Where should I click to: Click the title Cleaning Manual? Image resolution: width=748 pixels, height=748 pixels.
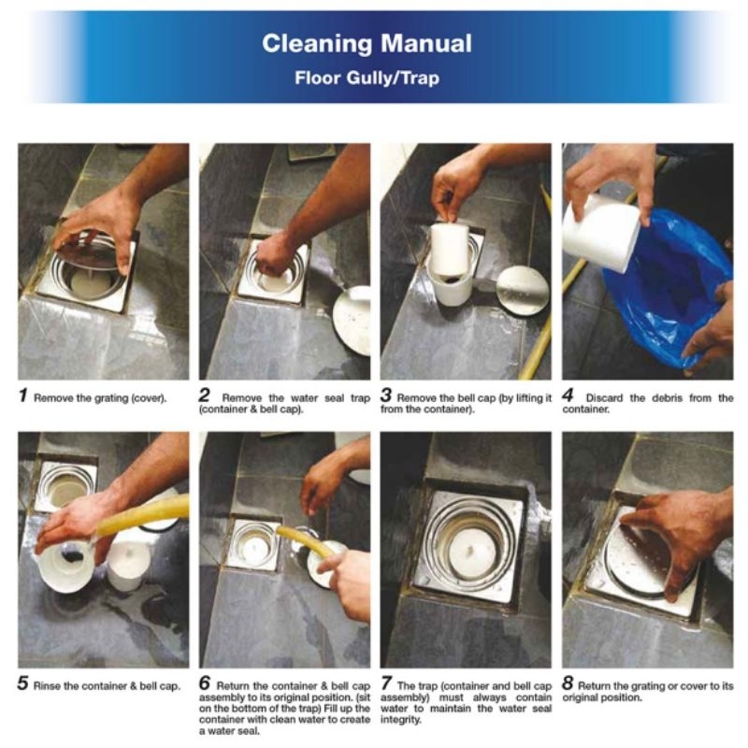(x=367, y=43)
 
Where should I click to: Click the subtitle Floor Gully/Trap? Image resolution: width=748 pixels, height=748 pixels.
(x=367, y=78)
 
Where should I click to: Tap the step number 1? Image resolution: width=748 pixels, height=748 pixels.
(x=22, y=396)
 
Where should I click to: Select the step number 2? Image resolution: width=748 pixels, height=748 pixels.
(x=204, y=396)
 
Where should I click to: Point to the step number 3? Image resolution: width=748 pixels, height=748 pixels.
(x=386, y=396)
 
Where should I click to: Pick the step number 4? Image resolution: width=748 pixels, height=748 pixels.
(x=568, y=396)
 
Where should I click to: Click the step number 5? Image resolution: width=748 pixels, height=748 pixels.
(x=22, y=683)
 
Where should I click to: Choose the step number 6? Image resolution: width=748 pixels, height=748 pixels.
(x=205, y=683)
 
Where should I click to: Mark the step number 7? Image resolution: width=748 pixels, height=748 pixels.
(x=386, y=683)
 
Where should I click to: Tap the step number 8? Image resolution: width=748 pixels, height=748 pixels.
(x=568, y=683)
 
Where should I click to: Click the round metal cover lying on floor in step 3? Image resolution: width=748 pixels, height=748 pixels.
(x=523, y=291)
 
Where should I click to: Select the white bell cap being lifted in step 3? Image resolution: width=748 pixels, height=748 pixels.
(x=450, y=251)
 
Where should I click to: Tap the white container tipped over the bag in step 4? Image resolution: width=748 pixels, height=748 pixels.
(x=601, y=233)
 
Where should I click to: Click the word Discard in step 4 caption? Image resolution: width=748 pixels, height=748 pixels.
(x=604, y=398)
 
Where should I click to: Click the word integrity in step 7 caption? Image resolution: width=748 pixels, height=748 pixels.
(x=400, y=720)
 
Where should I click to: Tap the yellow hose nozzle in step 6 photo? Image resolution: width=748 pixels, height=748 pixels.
(x=285, y=532)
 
